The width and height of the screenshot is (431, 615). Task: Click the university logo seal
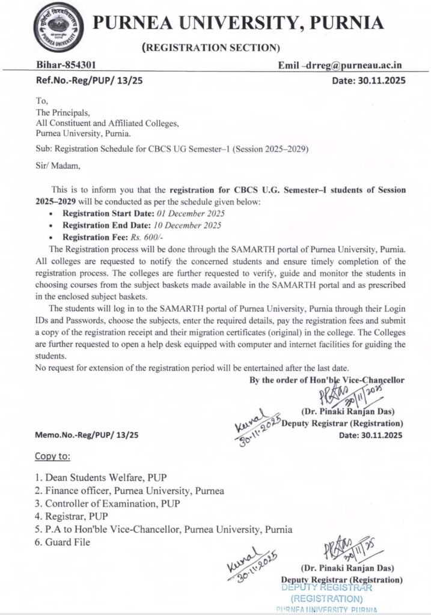(x=58, y=28)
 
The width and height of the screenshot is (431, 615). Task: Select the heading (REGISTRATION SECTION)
(x=210, y=47)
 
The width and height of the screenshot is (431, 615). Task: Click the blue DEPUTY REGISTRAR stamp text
(x=327, y=588)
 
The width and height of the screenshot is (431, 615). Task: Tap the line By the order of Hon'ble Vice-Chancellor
(x=327, y=380)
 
